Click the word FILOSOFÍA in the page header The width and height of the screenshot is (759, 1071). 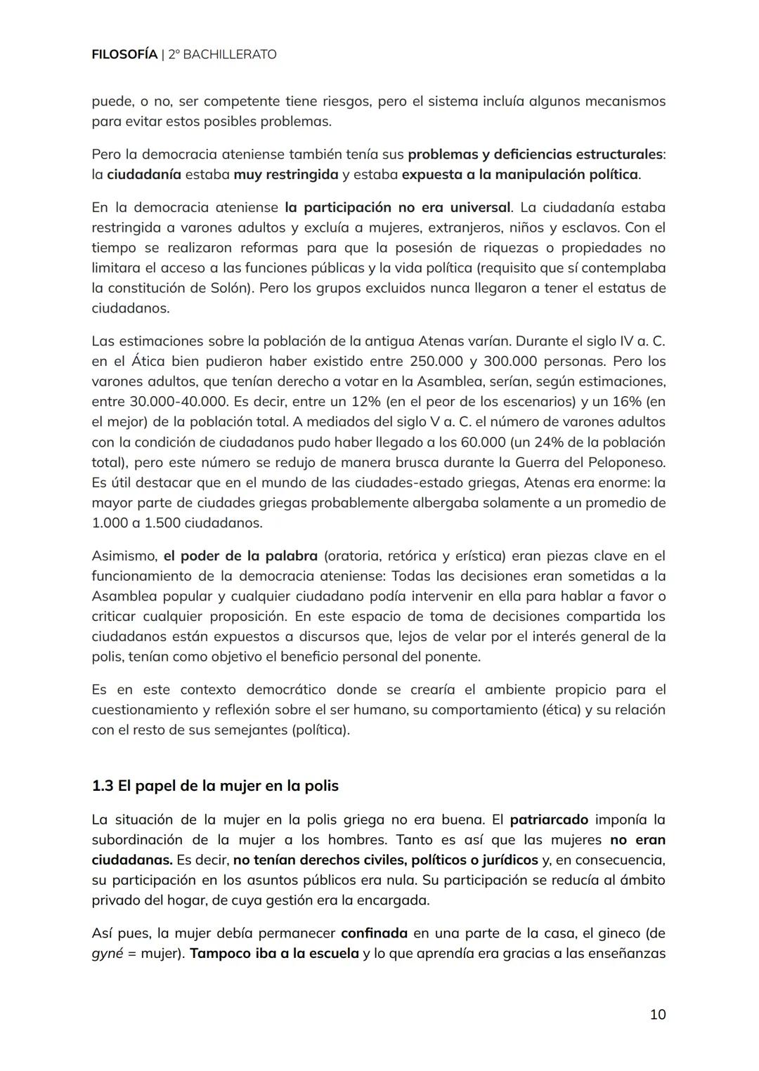(124, 54)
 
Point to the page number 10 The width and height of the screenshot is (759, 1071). (657, 1014)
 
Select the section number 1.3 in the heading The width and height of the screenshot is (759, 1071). (103, 786)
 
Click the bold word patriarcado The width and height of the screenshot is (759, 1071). (548, 820)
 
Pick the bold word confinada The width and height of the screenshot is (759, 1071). (374, 933)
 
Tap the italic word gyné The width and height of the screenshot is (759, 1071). (107, 954)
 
